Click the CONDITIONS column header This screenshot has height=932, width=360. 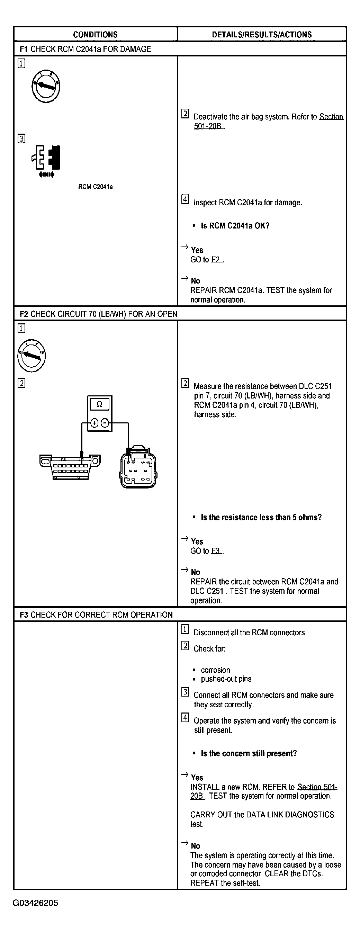[x=95, y=35]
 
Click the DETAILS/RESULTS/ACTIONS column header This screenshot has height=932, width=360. [x=262, y=35]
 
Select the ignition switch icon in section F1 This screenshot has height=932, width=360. [x=46, y=87]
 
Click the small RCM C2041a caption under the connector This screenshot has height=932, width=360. [x=95, y=187]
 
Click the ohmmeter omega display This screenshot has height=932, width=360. [x=99, y=404]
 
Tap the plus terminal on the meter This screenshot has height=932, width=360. [x=94, y=423]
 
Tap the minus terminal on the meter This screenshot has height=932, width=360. [x=105, y=423]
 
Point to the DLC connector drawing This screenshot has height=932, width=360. [x=70, y=466]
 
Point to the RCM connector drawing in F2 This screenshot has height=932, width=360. [x=138, y=467]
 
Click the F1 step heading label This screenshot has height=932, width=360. [x=24, y=49]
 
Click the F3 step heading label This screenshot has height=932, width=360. [x=24, y=615]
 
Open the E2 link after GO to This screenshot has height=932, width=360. [x=216, y=260]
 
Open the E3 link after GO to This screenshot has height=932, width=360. [x=216, y=551]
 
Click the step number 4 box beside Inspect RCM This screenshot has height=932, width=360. [x=185, y=199]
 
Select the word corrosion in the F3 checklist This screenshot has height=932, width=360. [x=215, y=670]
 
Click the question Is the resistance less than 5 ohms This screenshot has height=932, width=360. [x=261, y=517]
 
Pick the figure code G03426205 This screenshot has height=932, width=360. [x=35, y=903]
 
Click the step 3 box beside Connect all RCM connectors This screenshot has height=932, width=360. [x=185, y=692]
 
